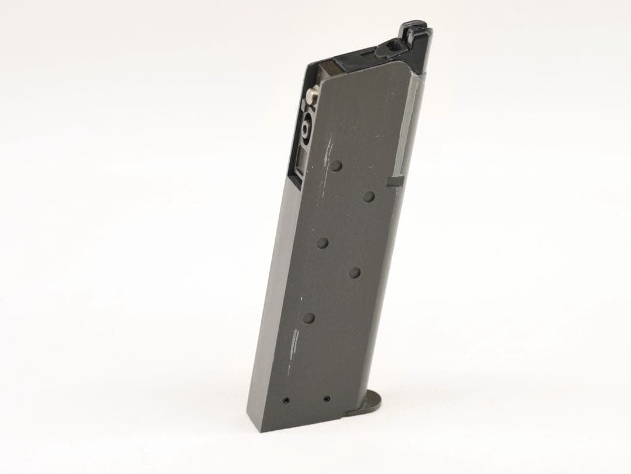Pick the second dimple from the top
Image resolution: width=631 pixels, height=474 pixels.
(368, 196)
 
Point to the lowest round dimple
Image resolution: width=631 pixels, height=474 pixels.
(310, 318)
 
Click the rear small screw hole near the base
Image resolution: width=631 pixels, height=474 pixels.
(286, 400)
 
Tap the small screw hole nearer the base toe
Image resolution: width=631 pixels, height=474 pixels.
(325, 399)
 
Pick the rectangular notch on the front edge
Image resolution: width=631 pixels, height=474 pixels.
(393, 182)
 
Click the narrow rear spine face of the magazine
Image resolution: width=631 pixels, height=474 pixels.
(270, 292)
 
